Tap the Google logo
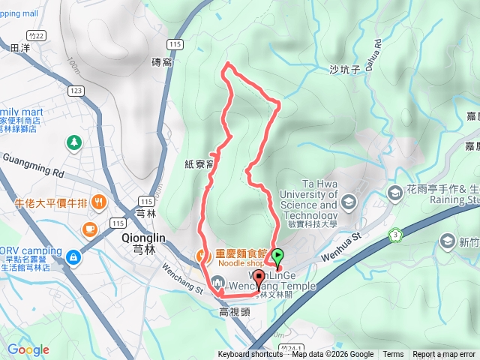click(x=28, y=349)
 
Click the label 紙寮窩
click(x=200, y=162)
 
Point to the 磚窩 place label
click(x=162, y=62)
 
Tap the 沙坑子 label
click(x=346, y=70)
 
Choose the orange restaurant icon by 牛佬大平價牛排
click(x=100, y=202)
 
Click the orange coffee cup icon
click(x=89, y=228)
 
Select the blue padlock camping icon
click(x=73, y=258)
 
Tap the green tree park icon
click(x=74, y=142)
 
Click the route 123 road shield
click(x=74, y=90)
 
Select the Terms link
click(x=393, y=355)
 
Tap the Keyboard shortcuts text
click(x=250, y=355)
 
